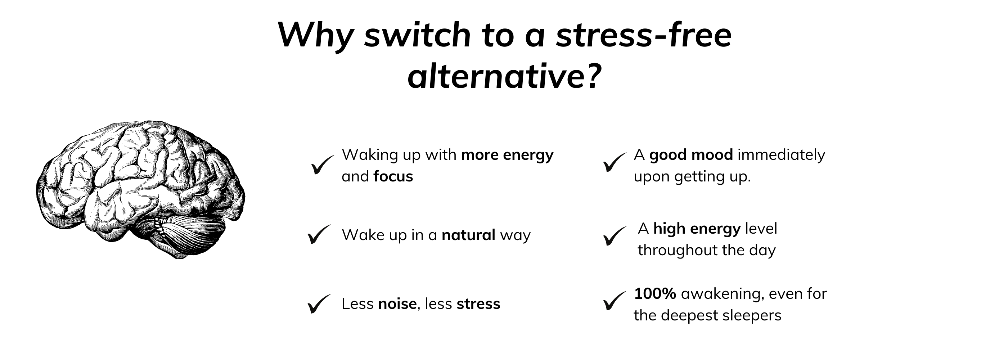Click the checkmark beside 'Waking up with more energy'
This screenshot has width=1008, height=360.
pos(323,165)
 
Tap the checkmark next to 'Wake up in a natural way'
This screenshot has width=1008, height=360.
pos(319,234)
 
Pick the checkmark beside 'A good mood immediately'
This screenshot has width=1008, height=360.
pos(615,162)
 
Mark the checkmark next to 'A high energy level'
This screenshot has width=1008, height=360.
pos(615,236)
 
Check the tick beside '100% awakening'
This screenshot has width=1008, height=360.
pos(615,301)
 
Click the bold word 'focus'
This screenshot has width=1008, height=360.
pos(393,176)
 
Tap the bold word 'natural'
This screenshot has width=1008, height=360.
pos(468,235)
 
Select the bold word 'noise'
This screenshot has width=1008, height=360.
pos(397,303)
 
